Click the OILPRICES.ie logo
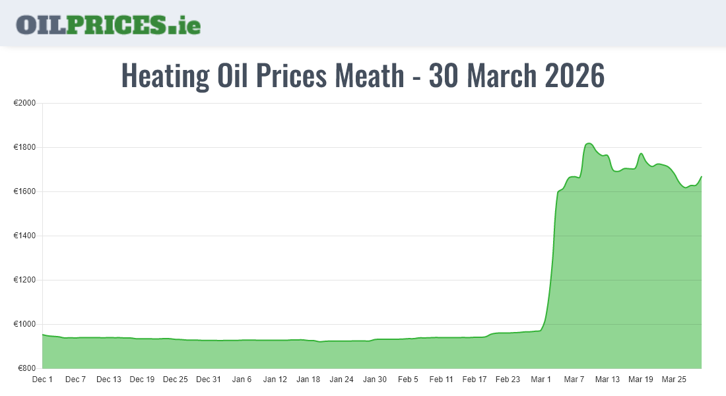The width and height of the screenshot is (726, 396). pyautogui.click(x=108, y=24)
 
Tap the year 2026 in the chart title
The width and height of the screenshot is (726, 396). pyautogui.click(x=575, y=76)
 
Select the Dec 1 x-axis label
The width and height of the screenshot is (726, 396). pyautogui.click(x=42, y=379)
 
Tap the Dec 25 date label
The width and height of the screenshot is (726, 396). pyautogui.click(x=176, y=379)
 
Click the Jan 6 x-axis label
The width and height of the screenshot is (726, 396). pyautogui.click(x=242, y=379)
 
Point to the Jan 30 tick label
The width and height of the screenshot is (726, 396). pyautogui.click(x=375, y=379)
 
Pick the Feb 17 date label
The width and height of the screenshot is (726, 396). pyautogui.click(x=475, y=379)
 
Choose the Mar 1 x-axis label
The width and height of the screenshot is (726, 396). pyautogui.click(x=541, y=379)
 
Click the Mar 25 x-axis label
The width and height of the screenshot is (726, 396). pyautogui.click(x=674, y=379)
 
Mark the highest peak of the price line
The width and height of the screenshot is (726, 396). pyautogui.click(x=589, y=143)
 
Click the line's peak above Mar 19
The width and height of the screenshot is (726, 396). pyautogui.click(x=641, y=154)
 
